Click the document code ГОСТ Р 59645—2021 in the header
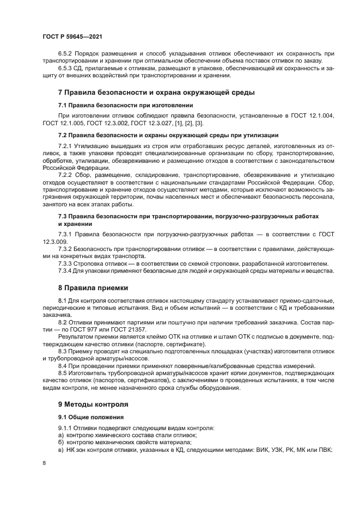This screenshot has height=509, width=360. pos(72,36)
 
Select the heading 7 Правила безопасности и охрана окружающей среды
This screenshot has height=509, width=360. pos(156,93)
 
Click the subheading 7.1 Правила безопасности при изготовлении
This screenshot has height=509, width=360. pos(125,105)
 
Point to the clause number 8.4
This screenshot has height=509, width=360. pos(62,366)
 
